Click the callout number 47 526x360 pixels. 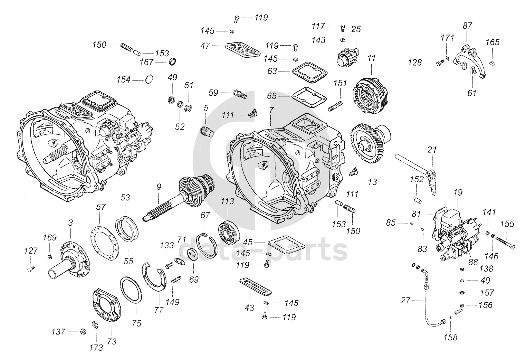(205, 46)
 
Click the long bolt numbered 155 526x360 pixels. (505, 242)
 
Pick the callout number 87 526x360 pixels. (467, 26)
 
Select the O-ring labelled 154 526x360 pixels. (149, 79)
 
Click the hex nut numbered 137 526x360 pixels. (83, 332)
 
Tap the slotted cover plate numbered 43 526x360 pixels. (256, 287)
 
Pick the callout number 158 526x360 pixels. (450, 338)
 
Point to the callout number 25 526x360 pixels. (356, 29)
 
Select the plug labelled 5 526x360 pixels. (207, 132)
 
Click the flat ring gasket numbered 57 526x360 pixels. (105, 243)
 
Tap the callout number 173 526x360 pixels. (96, 348)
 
